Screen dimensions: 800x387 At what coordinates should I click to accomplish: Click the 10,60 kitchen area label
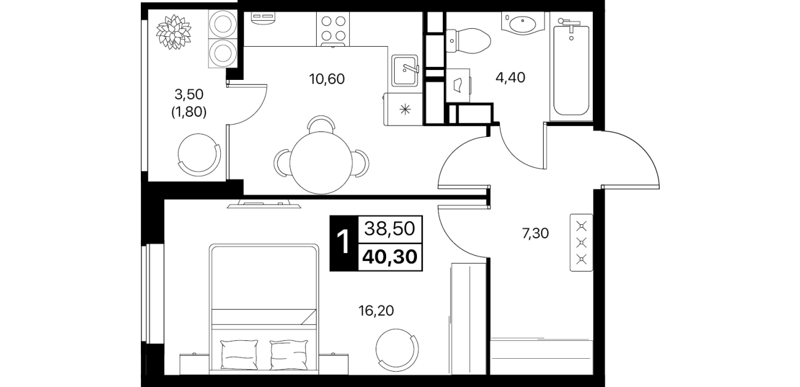(x=327, y=79)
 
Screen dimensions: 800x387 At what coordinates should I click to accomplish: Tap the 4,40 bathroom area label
(x=510, y=77)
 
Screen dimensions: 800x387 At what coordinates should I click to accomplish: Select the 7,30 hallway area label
(x=536, y=233)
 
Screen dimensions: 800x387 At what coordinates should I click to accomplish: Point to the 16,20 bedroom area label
(x=376, y=311)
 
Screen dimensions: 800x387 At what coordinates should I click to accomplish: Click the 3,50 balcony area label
(x=189, y=95)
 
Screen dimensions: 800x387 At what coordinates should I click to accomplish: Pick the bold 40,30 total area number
(x=390, y=256)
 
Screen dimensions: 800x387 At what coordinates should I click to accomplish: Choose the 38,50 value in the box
(x=390, y=229)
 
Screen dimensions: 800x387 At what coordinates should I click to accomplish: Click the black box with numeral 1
(x=343, y=243)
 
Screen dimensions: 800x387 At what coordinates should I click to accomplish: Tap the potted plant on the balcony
(x=173, y=32)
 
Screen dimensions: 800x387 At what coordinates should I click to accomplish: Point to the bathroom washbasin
(x=522, y=23)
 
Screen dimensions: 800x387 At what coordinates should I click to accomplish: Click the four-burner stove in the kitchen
(x=333, y=29)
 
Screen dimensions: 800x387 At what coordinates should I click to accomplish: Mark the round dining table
(x=321, y=163)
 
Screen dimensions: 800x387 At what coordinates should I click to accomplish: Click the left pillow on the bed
(x=239, y=354)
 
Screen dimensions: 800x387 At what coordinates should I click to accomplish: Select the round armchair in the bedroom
(x=397, y=350)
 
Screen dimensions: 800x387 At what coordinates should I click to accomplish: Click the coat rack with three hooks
(x=582, y=243)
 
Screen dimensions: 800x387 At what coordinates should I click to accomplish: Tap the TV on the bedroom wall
(x=264, y=205)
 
